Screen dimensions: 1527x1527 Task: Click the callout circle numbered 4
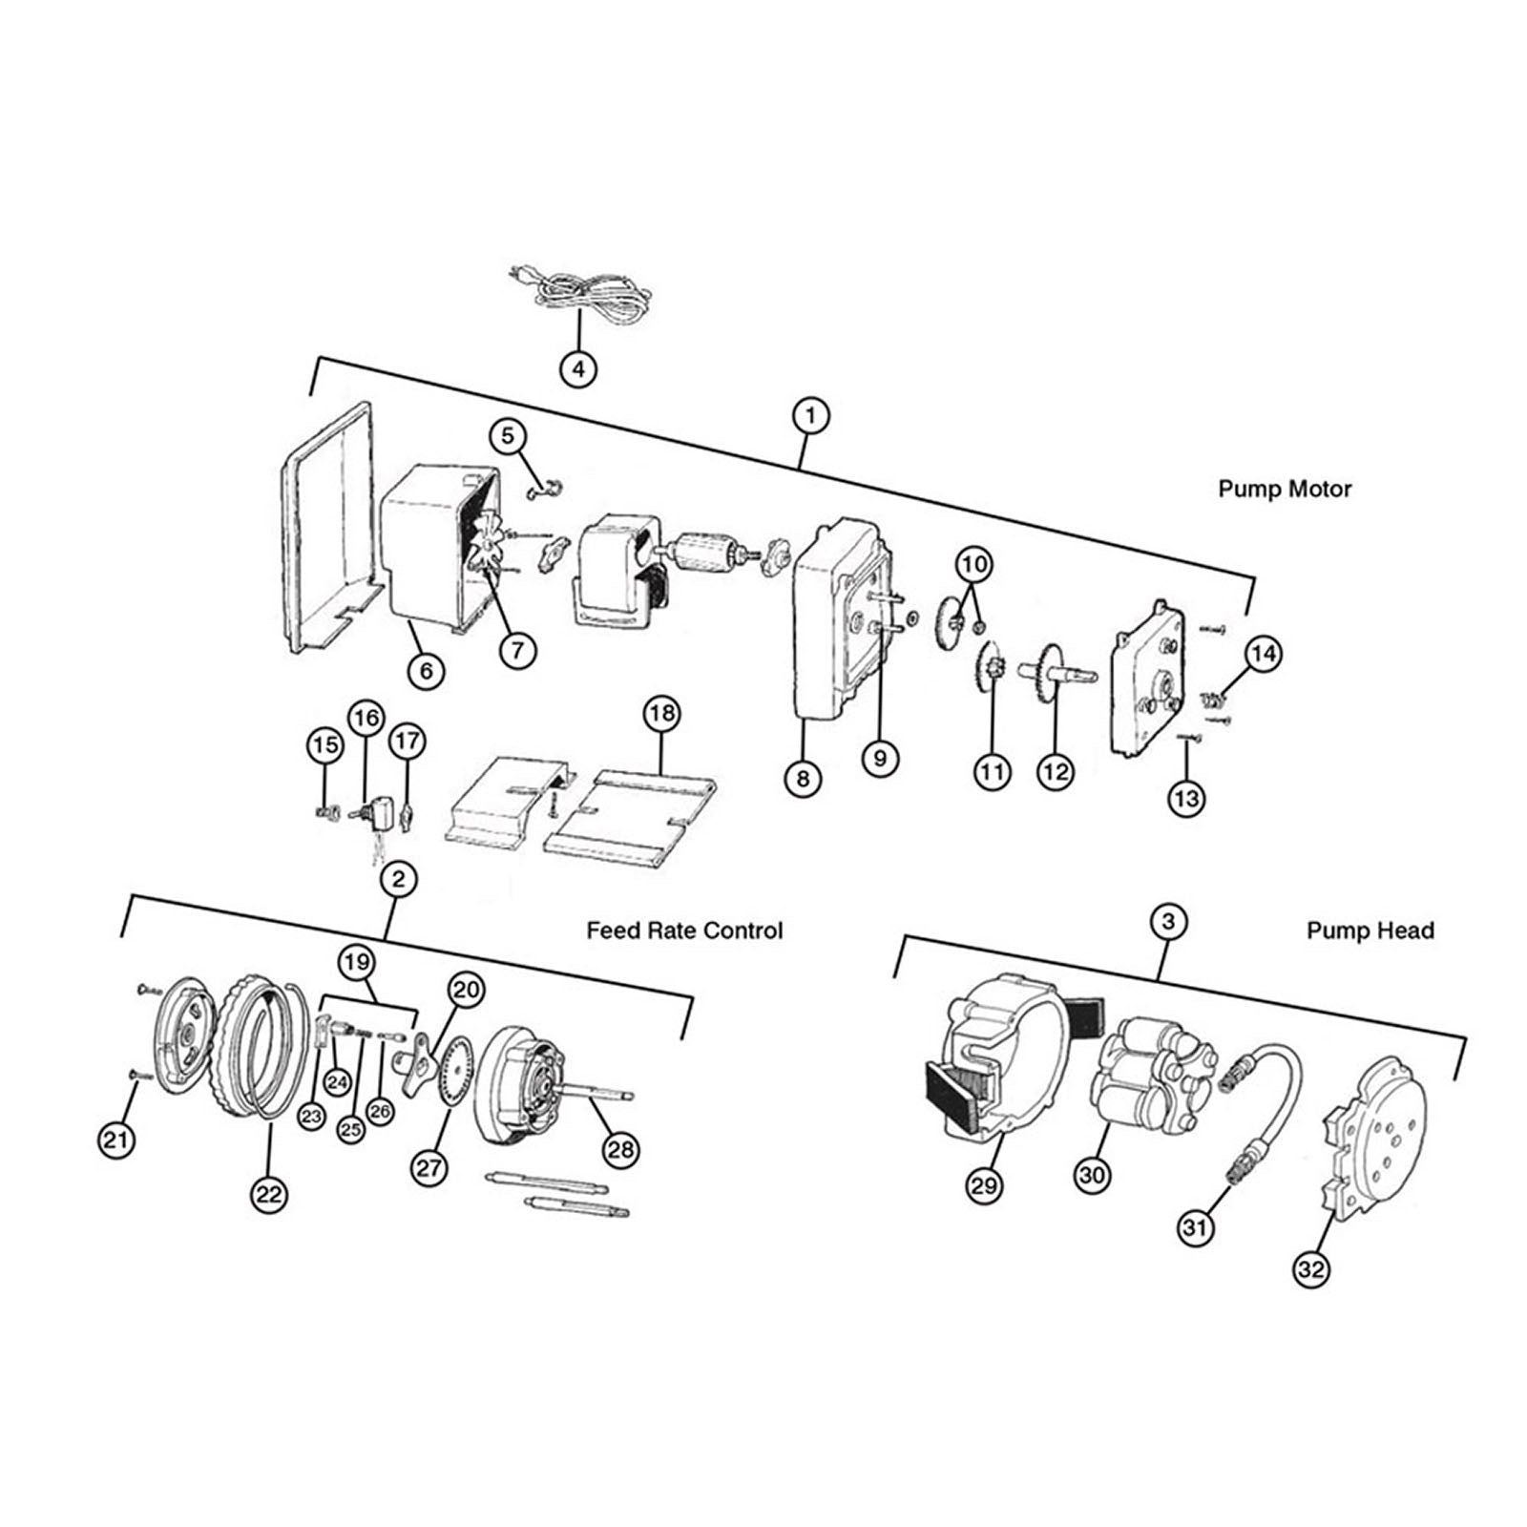pyautogui.click(x=578, y=367)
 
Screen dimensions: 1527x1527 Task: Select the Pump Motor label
pyautogui.click(x=1284, y=489)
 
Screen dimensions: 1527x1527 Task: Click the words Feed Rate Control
pyautogui.click(x=684, y=930)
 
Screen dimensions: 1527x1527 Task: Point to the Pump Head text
pyautogui.click(x=1370, y=930)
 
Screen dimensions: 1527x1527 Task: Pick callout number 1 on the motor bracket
pyautogui.click(x=810, y=416)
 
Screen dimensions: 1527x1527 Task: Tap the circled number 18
pyautogui.click(x=661, y=713)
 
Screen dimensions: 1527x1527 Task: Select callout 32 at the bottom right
pyautogui.click(x=1312, y=1269)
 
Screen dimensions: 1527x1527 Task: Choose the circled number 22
pyautogui.click(x=270, y=1194)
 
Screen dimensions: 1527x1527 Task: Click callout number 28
pyautogui.click(x=620, y=1149)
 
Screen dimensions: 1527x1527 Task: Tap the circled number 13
pyautogui.click(x=1186, y=797)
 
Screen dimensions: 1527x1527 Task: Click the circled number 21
pyautogui.click(x=116, y=1140)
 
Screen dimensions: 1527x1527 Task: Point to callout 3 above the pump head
pyautogui.click(x=1168, y=922)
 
